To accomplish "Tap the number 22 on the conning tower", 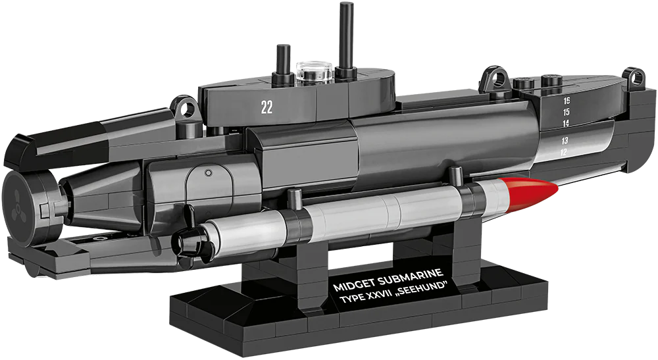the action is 266,107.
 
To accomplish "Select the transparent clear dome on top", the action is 314,72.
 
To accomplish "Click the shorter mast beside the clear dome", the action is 283,63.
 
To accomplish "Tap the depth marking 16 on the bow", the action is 567,101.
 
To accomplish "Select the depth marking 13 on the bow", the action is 565,140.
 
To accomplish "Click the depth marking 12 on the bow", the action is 563,152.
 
